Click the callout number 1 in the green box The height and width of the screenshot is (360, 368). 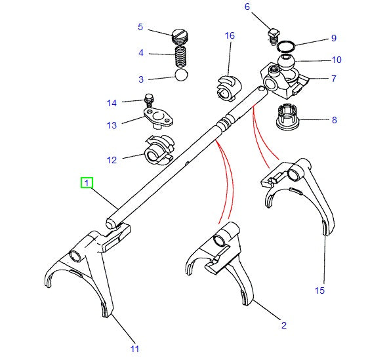[x=87, y=183]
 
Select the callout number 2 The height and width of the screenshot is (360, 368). [x=283, y=325]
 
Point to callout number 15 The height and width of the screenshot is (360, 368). [x=319, y=290]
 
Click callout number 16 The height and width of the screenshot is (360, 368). [x=230, y=35]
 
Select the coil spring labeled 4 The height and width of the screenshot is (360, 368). [x=180, y=54]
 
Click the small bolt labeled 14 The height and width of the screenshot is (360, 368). [x=148, y=101]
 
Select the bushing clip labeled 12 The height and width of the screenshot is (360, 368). [x=156, y=150]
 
